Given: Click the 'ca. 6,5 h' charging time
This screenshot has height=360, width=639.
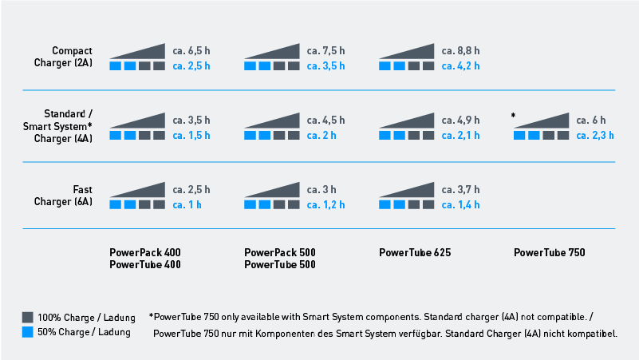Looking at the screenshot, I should [191, 51].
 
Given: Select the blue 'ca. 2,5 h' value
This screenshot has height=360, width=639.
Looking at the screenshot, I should [191, 65].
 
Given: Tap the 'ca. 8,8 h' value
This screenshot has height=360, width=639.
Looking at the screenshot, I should [460, 51].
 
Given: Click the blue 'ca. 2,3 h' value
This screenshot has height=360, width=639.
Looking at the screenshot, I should [595, 135].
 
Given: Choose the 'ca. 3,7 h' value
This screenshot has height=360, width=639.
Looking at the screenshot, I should [460, 190].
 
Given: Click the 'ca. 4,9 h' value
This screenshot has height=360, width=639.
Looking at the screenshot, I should [460, 121].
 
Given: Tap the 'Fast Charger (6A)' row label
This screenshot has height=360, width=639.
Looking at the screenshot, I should [74, 196].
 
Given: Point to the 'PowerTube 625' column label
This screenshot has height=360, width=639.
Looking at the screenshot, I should [415, 252].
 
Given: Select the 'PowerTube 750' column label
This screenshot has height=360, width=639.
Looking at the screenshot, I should [550, 252].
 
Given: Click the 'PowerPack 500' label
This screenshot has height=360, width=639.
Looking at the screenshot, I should [280, 252].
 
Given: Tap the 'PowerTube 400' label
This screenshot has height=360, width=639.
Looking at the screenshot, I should [145, 265].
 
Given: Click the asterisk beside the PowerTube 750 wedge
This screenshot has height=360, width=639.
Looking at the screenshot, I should [514, 117].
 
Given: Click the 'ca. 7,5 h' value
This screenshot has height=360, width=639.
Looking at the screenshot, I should [326, 51].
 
